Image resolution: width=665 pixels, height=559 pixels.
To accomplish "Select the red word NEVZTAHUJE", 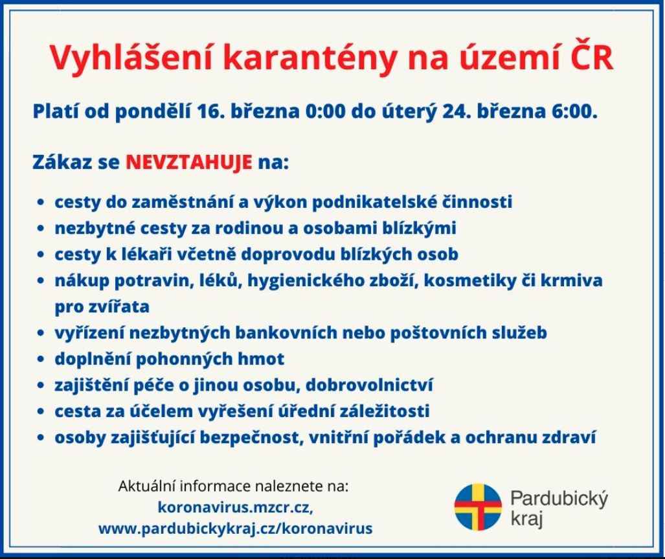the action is click(188, 163).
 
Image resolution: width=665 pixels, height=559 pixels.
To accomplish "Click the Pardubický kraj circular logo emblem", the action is click(478, 507).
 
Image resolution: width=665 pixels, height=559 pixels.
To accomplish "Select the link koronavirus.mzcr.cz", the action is click(236, 507).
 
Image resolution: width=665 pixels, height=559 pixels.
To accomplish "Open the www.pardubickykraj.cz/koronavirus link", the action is click(236, 529).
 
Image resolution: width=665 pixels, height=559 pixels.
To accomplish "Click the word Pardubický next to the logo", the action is click(559, 499).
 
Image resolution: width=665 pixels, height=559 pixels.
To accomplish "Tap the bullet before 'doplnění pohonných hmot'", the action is click(41, 359).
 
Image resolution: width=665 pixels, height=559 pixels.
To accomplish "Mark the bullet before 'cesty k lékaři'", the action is click(41, 255).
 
